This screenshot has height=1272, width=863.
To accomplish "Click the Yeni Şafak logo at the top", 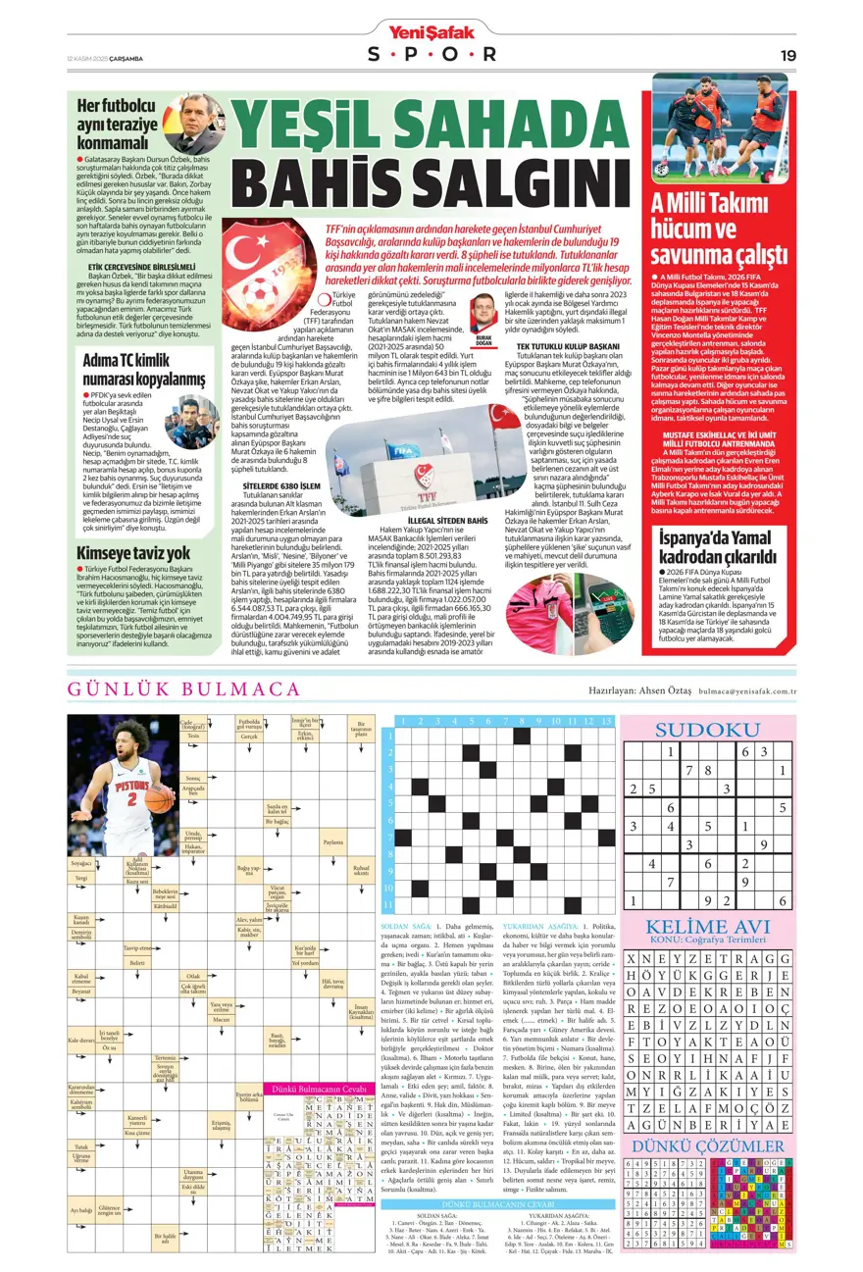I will [x=431, y=31].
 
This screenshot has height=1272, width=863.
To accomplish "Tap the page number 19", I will [x=787, y=55].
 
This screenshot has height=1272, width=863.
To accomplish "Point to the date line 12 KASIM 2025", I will [x=106, y=55].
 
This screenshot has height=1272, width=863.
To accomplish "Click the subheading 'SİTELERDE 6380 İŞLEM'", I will [x=283, y=484].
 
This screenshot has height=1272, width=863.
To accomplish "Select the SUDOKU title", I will [x=706, y=730].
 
